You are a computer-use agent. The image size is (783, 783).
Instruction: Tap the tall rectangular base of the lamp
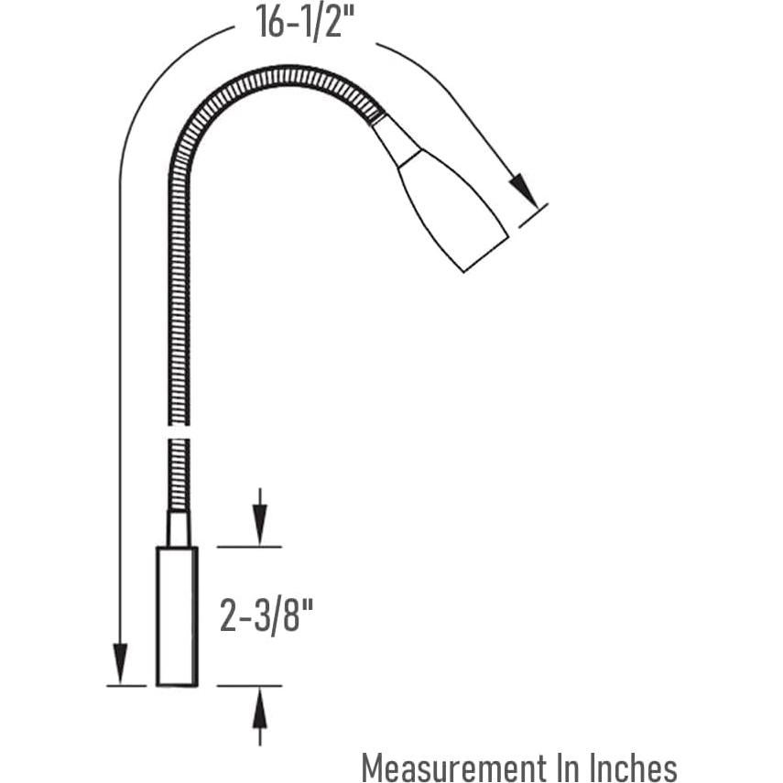click(x=177, y=615)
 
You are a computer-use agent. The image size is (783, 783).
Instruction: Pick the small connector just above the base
click(x=178, y=529)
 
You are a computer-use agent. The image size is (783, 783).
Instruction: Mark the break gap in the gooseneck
click(x=179, y=431)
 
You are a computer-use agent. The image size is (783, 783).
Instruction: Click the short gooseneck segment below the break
click(x=179, y=473)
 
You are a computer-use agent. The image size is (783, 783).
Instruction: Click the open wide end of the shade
click(x=485, y=248)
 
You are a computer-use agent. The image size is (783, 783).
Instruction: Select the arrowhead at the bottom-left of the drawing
click(x=120, y=661)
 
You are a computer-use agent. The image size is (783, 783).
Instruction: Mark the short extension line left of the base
click(x=126, y=685)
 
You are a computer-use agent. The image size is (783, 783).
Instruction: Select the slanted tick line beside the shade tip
click(x=532, y=215)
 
